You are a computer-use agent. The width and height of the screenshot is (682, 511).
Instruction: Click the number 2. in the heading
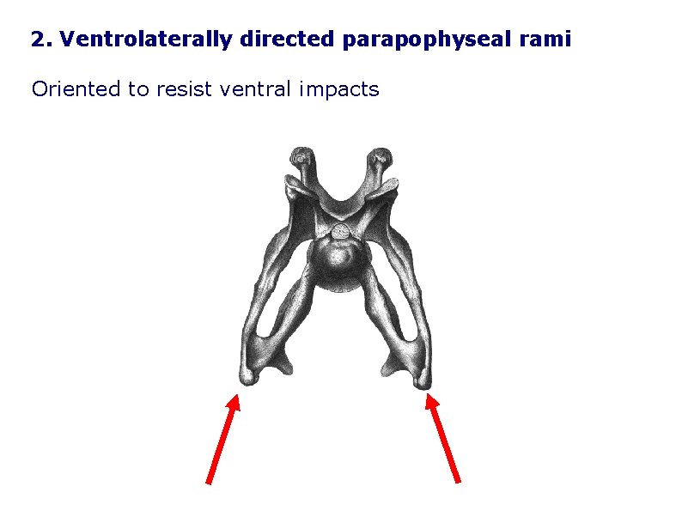click(x=41, y=40)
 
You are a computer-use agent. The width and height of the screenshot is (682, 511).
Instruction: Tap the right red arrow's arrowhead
click(x=431, y=400)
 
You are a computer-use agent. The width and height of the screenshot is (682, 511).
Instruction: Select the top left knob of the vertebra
click(x=300, y=157)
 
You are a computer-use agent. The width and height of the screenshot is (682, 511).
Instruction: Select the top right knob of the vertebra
click(x=380, y=158)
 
